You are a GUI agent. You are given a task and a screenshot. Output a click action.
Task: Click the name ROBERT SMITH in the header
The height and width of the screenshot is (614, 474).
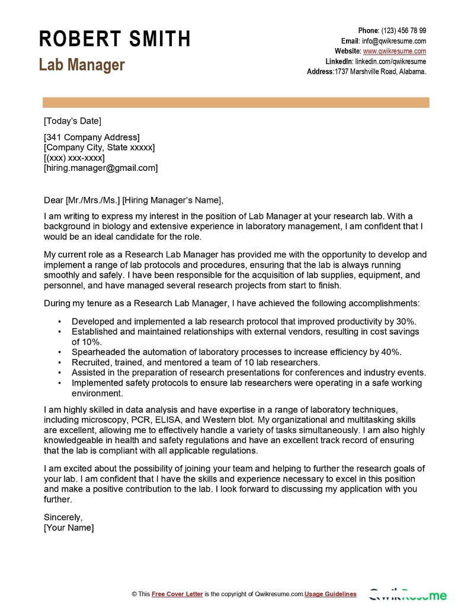tap(115, 39)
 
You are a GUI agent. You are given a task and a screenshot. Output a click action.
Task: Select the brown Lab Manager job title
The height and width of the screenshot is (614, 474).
tap(82, 65)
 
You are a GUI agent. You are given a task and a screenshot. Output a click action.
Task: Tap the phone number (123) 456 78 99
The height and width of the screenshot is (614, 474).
tap(403, 31)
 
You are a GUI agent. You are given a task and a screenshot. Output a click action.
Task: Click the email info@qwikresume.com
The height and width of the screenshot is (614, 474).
tap(394, 41)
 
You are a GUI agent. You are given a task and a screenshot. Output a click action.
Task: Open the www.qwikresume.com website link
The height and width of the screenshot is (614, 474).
tap(395, 51)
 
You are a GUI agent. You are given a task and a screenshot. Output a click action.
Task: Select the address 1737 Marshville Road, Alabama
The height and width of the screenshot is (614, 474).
tap(380, 71)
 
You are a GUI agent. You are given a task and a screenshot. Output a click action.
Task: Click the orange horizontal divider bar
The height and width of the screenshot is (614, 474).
tap(236, 103)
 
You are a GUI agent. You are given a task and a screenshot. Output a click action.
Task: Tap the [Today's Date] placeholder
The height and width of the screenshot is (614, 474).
tap(72, 121)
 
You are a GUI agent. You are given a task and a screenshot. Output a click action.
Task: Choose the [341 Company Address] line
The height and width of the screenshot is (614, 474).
tap(92, 138)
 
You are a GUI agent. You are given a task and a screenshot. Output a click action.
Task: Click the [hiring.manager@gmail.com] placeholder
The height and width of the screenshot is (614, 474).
tap(101, 168)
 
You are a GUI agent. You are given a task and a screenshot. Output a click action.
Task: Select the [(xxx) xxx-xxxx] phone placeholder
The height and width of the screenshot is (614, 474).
tap(74, 158)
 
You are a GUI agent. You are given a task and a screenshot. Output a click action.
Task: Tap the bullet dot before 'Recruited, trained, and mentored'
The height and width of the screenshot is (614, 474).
tap(60, 362)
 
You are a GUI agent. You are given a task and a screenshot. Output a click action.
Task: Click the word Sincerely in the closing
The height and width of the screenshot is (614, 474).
tap(63, 517)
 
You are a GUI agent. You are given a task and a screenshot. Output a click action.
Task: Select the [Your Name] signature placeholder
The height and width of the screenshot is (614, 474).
tap(69, 527)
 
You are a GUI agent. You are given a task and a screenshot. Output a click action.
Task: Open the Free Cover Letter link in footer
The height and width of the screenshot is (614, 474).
tap(177, 594)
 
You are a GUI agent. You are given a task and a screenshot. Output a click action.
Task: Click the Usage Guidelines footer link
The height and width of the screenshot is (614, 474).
tap(331, 594)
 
